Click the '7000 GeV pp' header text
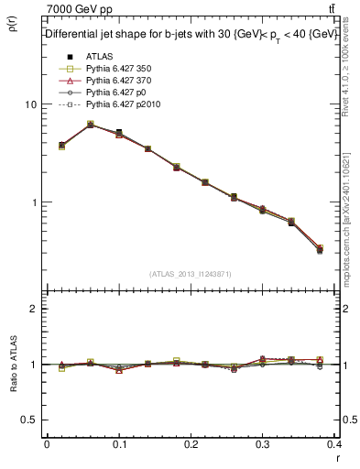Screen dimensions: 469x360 pyautogui.click(x=79, y=8)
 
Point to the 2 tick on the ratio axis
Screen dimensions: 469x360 pyautogui.click(x=32, y=309)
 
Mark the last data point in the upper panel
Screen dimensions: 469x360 pyautogui.click(x=320, y=249)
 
